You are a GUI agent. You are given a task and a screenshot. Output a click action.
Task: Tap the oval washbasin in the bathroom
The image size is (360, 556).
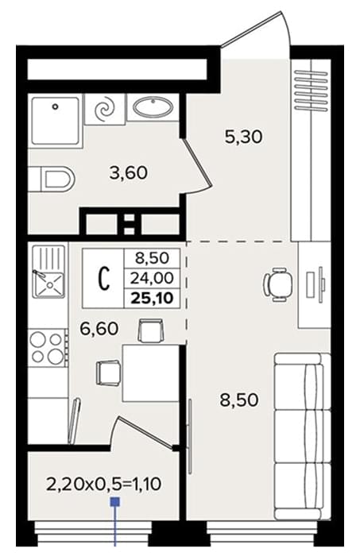click(153, 106)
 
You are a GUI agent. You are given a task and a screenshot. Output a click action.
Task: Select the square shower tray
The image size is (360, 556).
click(55, 121)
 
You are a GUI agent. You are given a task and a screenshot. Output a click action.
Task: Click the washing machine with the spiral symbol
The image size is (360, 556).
click(105, 109)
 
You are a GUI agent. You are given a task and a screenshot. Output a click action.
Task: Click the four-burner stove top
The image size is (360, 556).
click(48, 349)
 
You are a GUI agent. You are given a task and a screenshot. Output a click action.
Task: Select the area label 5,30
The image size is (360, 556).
click(244, 137)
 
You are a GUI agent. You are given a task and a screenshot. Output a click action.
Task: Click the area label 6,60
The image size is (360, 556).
click(99, 329)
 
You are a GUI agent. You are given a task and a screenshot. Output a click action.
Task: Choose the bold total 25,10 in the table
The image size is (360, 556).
click(153, 298)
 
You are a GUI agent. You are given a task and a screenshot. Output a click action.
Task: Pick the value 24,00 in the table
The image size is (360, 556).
click(152, 278)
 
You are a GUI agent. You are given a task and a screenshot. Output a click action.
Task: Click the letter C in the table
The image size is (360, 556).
click(103, 278)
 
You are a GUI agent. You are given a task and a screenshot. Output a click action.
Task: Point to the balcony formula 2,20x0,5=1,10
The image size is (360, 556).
click(104, 484)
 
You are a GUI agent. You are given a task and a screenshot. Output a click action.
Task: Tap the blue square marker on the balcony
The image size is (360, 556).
click(115, 502)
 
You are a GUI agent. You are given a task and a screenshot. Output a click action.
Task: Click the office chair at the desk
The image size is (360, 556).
click(278, 284)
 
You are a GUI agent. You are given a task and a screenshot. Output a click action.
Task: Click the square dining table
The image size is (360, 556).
click(150, 373)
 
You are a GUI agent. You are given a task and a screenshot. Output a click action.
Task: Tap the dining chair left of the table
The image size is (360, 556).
click(108, 373)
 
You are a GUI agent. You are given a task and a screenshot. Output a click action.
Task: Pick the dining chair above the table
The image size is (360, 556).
click(151, 330)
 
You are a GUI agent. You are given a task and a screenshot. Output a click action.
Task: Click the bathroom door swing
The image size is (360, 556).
click(197, 165)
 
